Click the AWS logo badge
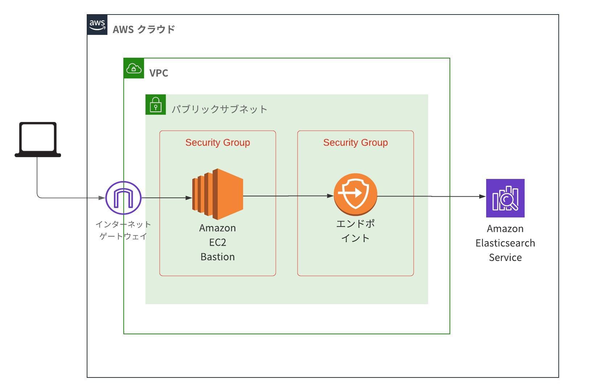pyautogui.click(x=97, y=25)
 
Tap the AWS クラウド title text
pyautogui.click(x=144, y=29)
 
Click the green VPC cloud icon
pyautogui.click(x=134, y=68)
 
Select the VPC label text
pyautogui.click(x=159, y=73)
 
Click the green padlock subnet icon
pyautogui.click(x=156, y=105)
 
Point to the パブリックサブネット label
pyautogui.click(x=219, y=109)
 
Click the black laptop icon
pyautogui.click(x=38, y=139)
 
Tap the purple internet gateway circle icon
pyautogui.click(x=123, y=198)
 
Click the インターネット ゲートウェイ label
pyautogui.click(x=123, y=230)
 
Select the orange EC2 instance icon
pyautogui.click(x=217, y=194)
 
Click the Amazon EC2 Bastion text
pyautogui.click(x=218, y=242)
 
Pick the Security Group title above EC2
pyautogui.click(x=218, y=143)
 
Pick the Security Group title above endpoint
pyautogui.click(x=356, y=143)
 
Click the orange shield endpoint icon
pyautogui.click(x=356, y=194)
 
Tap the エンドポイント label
pyautogui.click(x=356, y=231)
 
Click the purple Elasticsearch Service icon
pyautogui.click(x=505, y=198)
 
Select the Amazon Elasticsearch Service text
pyautogui.click(x=505, y=243)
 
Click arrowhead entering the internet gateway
pyautogui.click(x=102, y=198)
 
